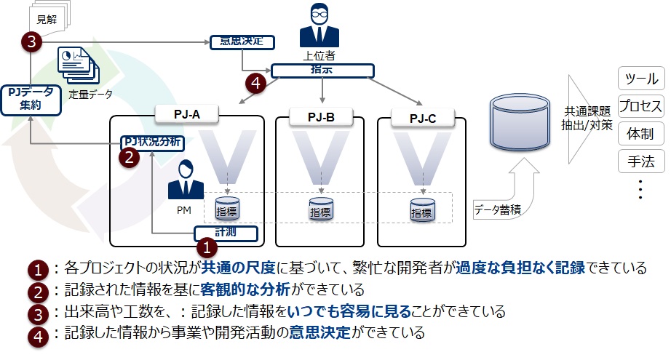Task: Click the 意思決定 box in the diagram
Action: (x=241, y=41)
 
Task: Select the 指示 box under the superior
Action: (x=322, y=71)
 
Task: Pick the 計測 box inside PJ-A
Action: (x=226, y=233)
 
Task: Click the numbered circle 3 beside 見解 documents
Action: (x=31, y=42)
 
